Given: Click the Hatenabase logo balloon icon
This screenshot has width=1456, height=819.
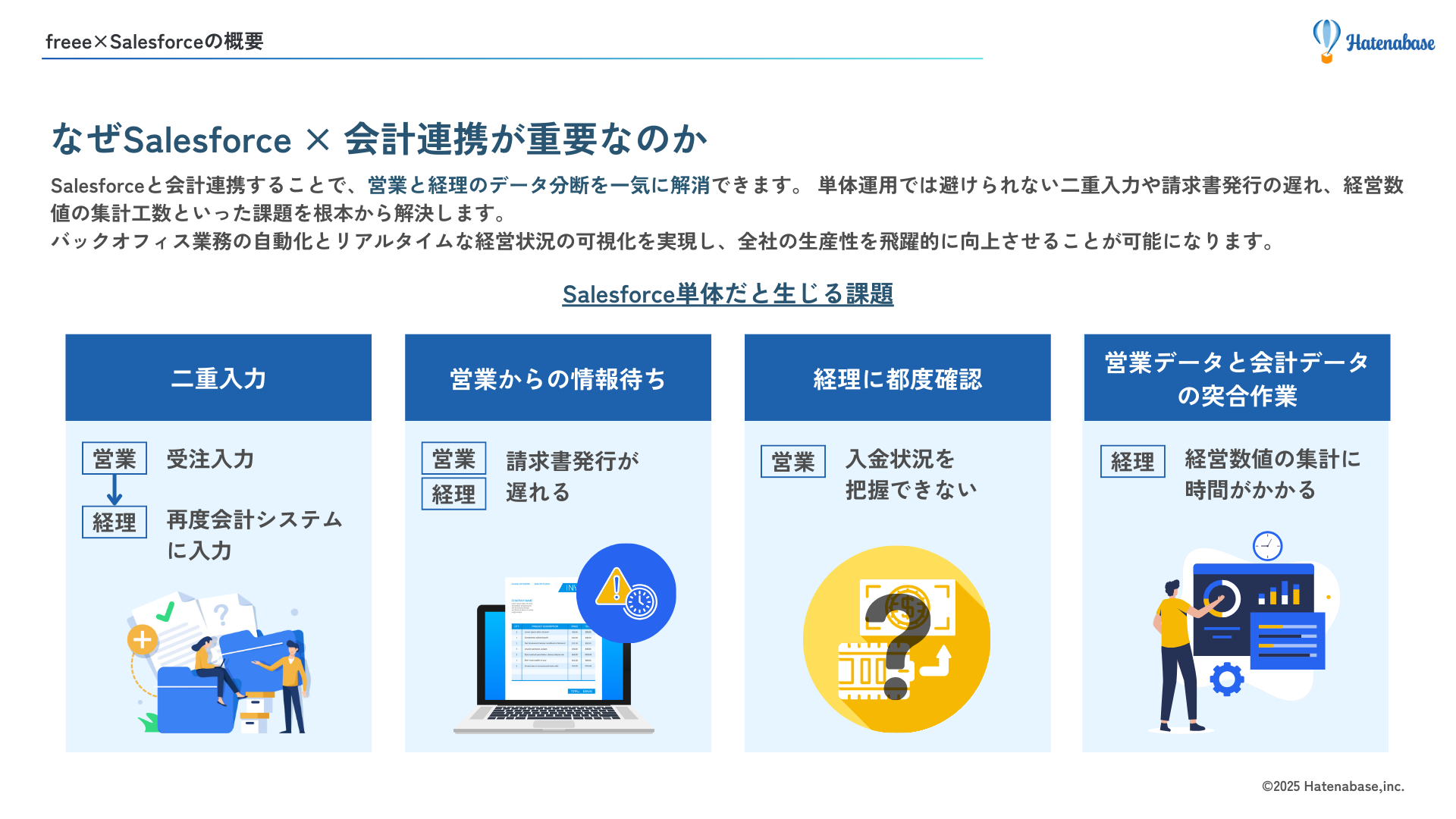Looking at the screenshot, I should [1326, 39].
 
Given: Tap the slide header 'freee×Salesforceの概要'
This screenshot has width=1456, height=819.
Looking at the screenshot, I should [154, 42].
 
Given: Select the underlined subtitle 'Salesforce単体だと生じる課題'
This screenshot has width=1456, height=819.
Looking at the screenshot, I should [727, 294].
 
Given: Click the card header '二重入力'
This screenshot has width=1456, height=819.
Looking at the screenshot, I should [218, 378].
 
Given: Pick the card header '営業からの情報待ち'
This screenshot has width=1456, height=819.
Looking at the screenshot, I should [557, 378].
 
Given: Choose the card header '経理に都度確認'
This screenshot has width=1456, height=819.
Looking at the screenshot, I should [897, 378].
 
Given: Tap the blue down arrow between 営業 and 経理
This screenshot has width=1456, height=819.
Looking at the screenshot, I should [115, 491].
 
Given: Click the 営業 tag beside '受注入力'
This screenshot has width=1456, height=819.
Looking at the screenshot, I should [115, 459].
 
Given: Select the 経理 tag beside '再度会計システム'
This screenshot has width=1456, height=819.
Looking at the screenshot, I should [115, 522].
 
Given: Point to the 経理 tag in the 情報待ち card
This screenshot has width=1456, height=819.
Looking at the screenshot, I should [453, 494].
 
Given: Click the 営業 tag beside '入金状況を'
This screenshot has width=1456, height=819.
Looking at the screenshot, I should [793, 462].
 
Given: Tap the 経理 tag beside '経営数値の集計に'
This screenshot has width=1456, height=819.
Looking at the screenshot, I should [1132, 462].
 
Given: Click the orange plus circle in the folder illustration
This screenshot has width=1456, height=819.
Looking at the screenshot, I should [143, 640].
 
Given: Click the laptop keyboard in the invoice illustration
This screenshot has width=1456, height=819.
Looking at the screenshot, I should [554, 713].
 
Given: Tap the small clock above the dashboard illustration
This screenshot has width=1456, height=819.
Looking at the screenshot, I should [1267, 546].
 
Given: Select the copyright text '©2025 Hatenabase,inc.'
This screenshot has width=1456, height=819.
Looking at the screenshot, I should [1332, 786].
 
